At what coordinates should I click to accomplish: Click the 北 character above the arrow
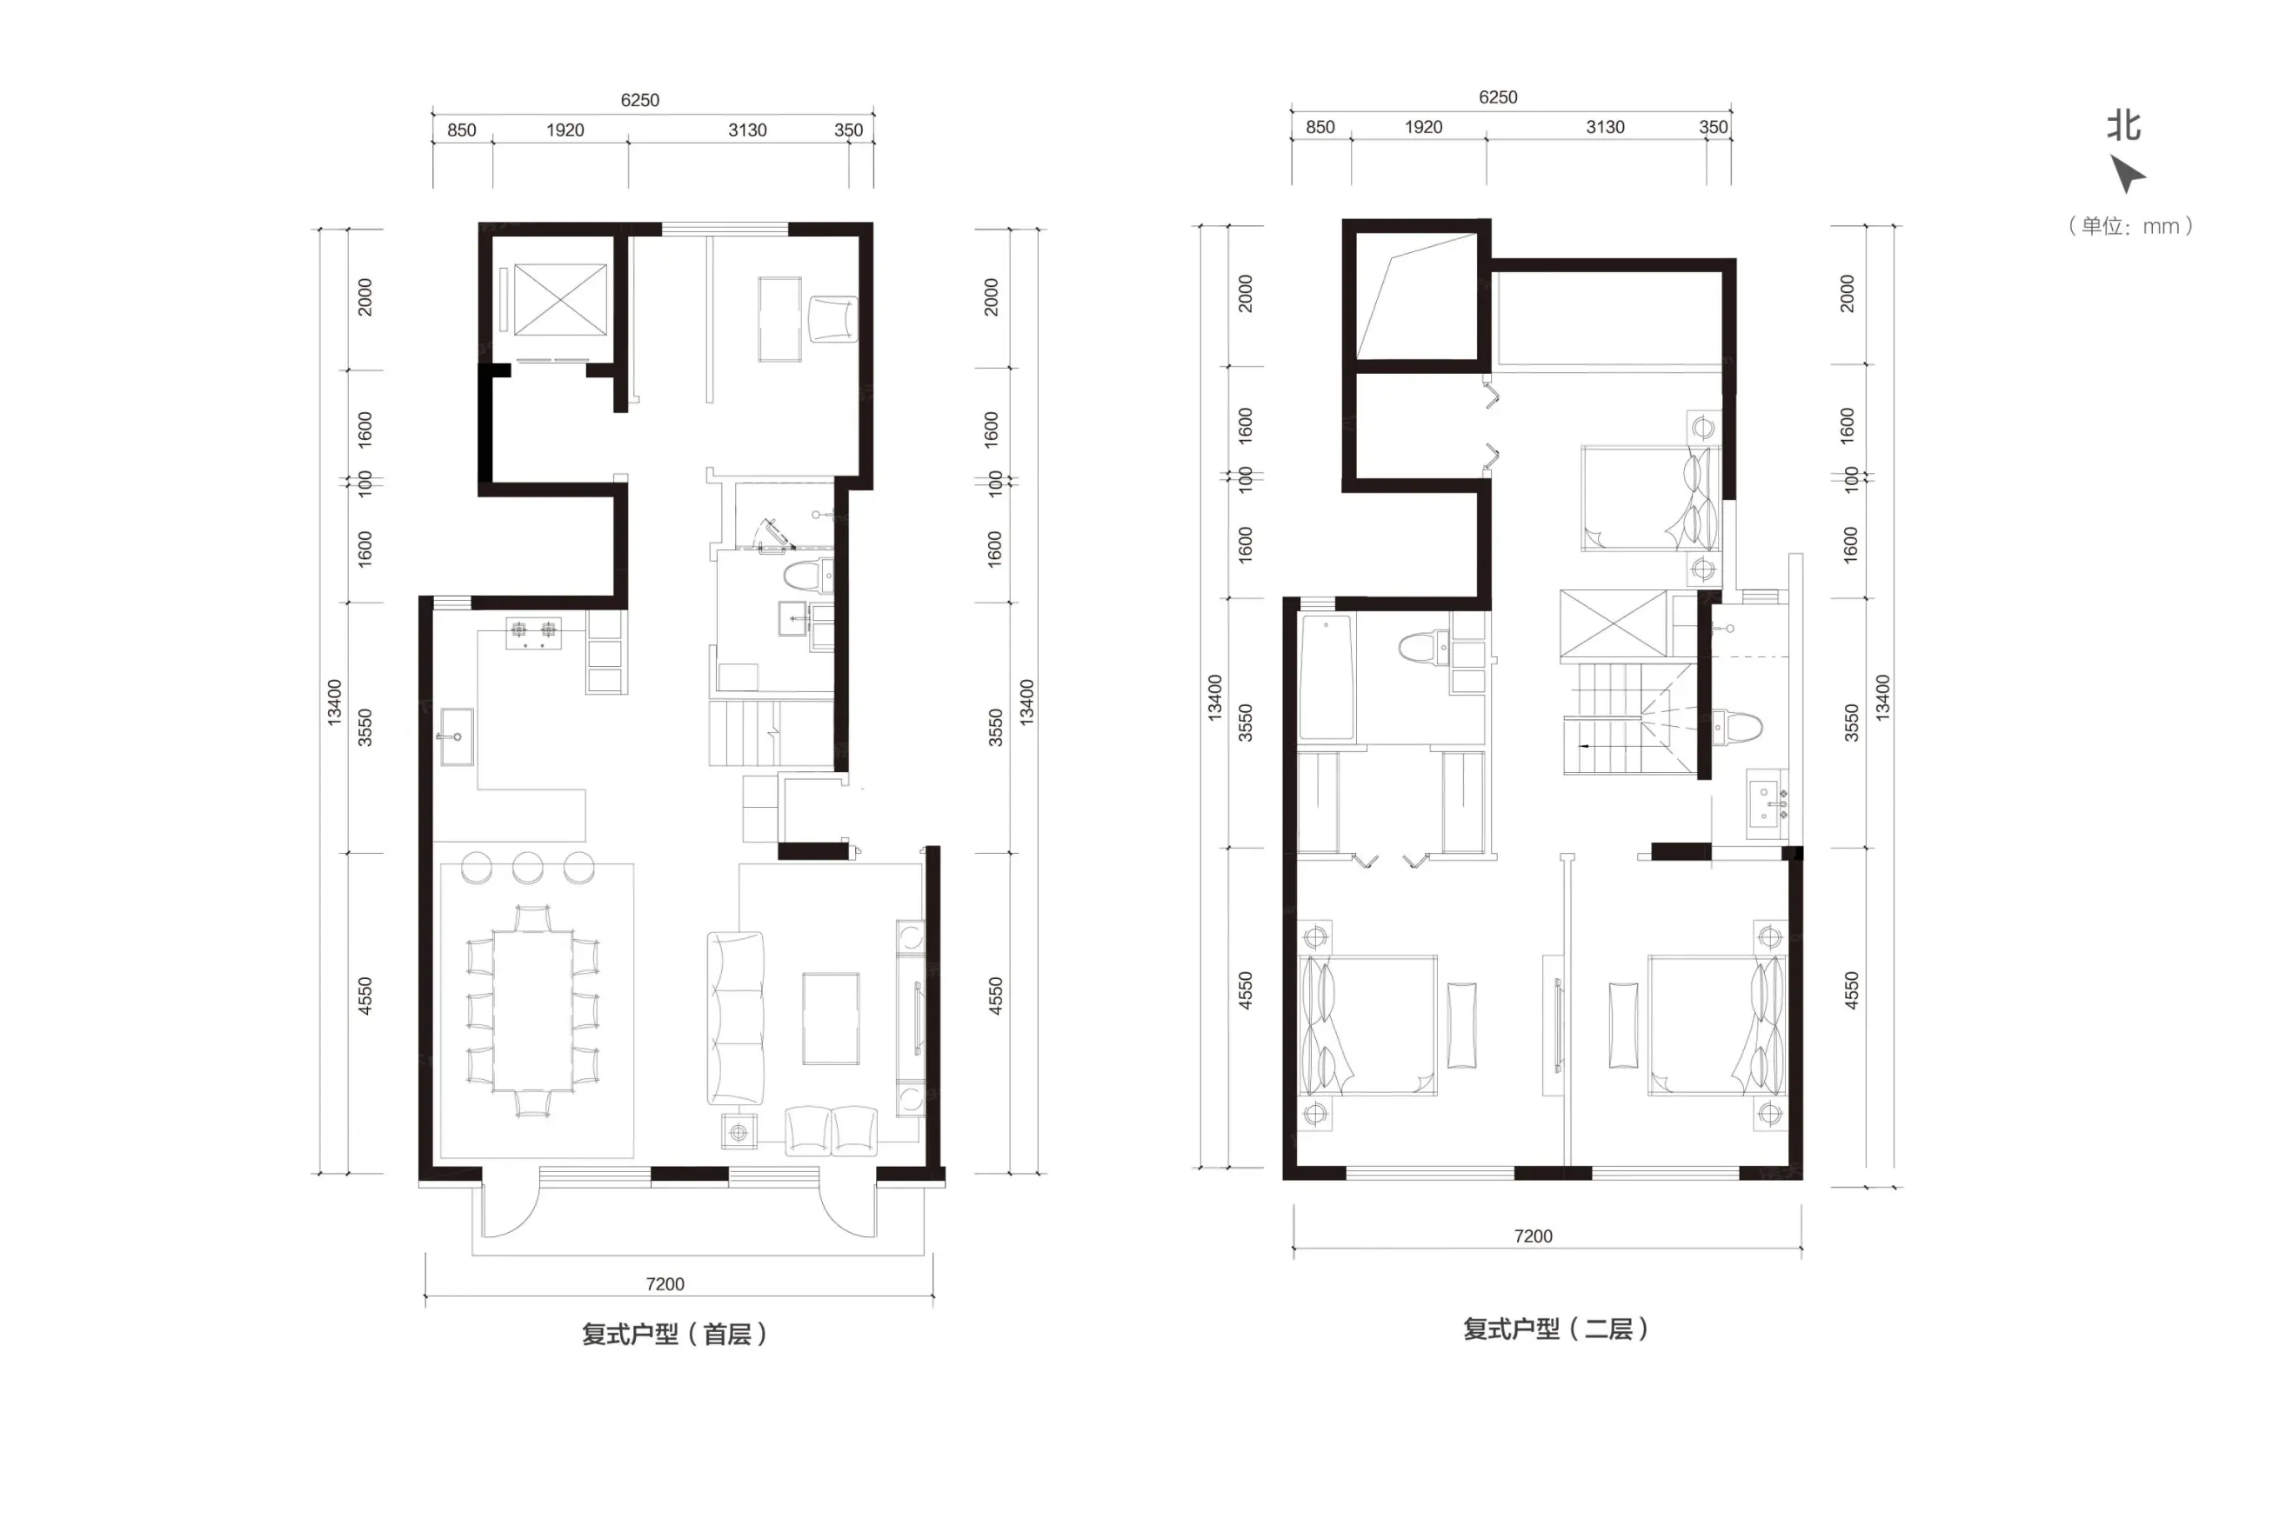(2124, 126)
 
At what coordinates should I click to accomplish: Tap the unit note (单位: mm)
(2131, 226)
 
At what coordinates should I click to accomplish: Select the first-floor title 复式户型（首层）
(674, 1334)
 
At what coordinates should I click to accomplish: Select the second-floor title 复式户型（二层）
(1556, 1329)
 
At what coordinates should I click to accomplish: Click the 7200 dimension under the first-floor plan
(665, 1283)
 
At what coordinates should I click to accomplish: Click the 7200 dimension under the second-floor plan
(1533, 1236)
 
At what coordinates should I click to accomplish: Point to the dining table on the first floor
(532, 1010)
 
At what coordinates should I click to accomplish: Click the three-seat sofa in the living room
(735, 1018)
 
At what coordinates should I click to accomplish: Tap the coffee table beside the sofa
(831, 1018)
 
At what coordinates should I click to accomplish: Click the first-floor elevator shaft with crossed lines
(560, 299)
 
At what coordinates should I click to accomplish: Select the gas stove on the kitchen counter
(534, 633)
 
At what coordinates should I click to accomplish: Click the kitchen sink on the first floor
(457, 736)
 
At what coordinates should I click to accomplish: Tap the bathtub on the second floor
(1327, 679)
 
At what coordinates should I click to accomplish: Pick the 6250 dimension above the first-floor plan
(639, 100)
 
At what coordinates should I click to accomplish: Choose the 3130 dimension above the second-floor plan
(1605, 127)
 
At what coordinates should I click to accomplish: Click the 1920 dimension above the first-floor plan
(565, 130)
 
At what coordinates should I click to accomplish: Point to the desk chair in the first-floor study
(833, 319)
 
